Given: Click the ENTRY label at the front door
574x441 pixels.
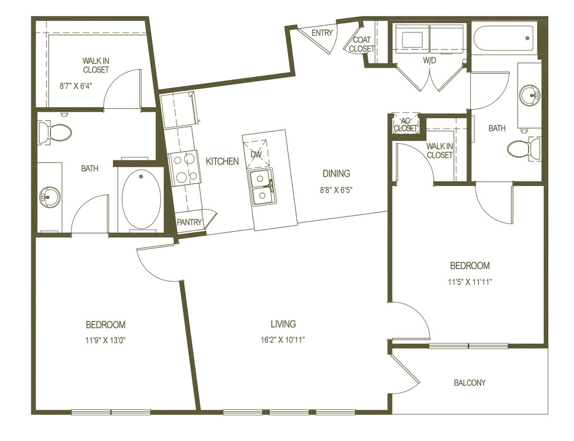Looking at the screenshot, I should (x=322, y=33).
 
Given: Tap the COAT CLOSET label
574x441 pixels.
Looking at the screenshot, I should (x=362, y=44).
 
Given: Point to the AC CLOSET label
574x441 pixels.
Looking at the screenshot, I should (x=405, y=124).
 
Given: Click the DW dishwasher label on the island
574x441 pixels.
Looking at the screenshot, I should (x=256, y=155).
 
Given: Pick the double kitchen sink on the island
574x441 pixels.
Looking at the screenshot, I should (x=261, y=188).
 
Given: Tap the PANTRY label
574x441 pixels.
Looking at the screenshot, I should (x=189, y=222).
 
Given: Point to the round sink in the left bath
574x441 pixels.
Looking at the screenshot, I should (x=51, y=197).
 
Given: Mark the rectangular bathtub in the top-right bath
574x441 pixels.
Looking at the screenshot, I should (x=504, y=38).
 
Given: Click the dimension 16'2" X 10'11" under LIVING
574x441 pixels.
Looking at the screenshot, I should (x=283, y=340).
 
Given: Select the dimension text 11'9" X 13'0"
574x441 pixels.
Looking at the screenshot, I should (x=105, y=340).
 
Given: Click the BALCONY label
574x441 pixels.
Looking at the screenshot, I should (x=469, y=382).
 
